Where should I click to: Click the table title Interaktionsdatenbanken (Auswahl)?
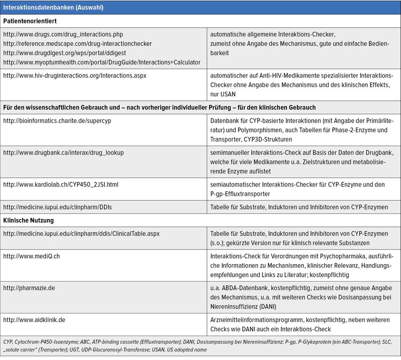[x=54, y=8]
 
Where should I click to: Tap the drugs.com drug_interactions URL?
[x=63, y=34]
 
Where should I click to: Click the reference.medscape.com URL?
[x=77, y=44]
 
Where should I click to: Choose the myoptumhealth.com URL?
[x=101, y=63]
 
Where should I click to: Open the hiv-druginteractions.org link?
[x=75, y=75]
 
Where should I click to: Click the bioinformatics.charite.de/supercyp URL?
[x=57, y=121]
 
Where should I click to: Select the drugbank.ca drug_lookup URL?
[x=63, y=153]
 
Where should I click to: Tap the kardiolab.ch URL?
[x=61, y=185]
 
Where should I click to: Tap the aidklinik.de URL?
[x=34, y=320]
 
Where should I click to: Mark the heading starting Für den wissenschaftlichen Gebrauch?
[x=159, y=108]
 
